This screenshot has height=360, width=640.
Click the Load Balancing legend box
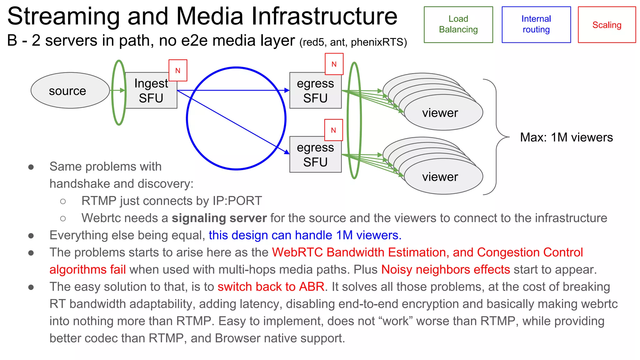458,24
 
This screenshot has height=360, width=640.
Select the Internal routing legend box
536,24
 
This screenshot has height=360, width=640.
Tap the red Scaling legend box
607,25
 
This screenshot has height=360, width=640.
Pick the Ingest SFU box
151,91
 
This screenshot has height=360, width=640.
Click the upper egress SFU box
315,91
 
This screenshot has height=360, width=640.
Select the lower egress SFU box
315,155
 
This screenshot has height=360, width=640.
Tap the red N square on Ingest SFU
178,70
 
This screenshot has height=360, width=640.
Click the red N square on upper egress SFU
334,64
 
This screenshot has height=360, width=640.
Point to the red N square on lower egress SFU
333,130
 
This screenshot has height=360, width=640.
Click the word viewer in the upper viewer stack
440,113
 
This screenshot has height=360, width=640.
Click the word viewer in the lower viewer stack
440,177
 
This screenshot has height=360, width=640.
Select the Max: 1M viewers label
566,137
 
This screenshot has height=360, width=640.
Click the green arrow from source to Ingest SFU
118,90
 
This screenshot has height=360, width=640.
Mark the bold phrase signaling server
219,218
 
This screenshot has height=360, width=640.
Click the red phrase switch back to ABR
271,287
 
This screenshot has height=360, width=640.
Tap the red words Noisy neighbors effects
445,269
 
